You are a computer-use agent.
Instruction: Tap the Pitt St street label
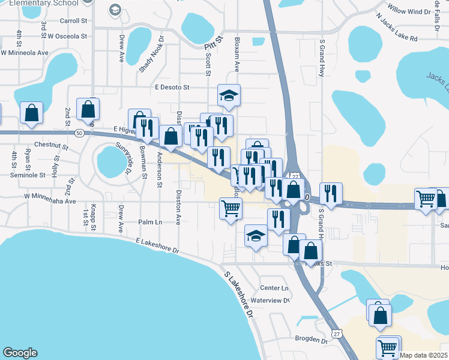pyautogui.click(x=213, y=43)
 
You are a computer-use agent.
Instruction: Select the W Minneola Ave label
pyautogui.click(x=25, y=52)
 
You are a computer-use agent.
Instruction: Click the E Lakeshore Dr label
pyautogui.click(x=157, y=246)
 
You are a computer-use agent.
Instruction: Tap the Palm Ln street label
pyautogui.click(x=150, y=222)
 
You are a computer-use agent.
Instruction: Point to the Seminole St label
pyautogui.click(x=28, y=175)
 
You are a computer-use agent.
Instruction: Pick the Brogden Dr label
pyautogui.click(x=311, y=339)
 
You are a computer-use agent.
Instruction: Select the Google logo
pyautogui.click(x=20, y=353)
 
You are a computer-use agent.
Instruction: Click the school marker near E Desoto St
pyautogui.click(x=228, y=95)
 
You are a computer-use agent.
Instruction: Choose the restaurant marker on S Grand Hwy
pyautogui.click(x=331, y=193)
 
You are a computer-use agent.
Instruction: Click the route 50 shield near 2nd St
pyautogui.click(x=79, y=133)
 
